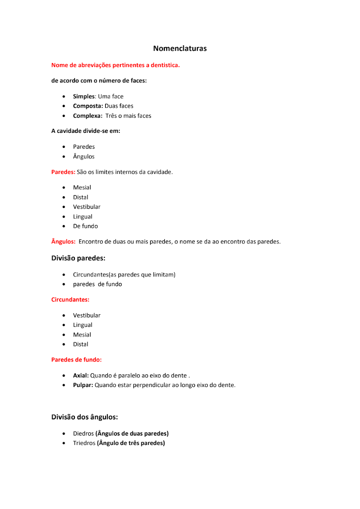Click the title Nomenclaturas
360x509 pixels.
click(180, 49)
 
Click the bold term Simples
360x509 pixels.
click(84, 96)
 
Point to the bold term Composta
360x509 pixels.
click(88, 106)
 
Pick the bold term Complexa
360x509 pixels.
click(87, 116)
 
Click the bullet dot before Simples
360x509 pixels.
click(64, 96)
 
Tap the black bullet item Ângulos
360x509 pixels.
click(84, 157)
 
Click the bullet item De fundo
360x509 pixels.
click(85, 226)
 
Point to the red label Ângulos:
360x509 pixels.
click(63, 242)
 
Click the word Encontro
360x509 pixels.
click(91, 242)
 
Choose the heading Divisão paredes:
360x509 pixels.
click(78, 258)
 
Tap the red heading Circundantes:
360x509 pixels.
click(70, 299)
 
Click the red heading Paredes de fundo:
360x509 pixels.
click(76, 360)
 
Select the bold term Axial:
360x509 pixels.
click(81, 375)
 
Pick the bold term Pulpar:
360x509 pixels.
click(83, 385)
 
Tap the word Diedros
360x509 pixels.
click(83, 433)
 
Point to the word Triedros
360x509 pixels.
click(84, 443)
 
